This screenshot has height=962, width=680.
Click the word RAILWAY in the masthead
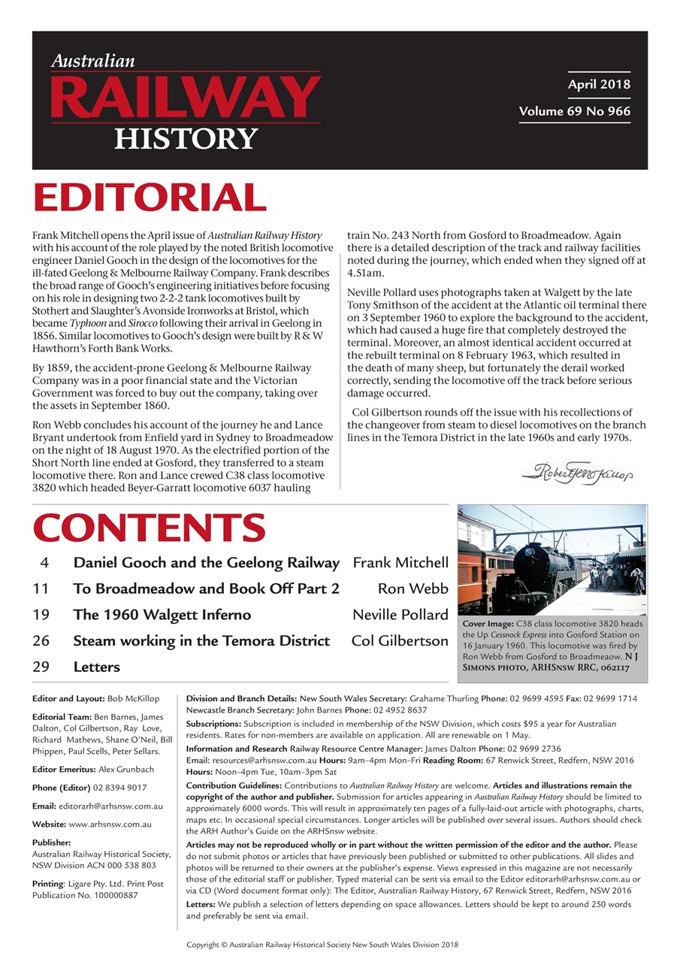click(185, 98)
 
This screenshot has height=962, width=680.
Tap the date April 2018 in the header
click(598, 84)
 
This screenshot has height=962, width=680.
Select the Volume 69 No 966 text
click(574, 111)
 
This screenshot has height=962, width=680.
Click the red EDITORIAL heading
click(149, 198)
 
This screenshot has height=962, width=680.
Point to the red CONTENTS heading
click(149, 528)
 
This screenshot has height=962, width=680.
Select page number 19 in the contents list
click(41, 615)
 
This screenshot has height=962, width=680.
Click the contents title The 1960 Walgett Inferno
click(162, 615)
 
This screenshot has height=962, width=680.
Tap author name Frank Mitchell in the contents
click(400, 563)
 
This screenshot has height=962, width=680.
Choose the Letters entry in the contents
click(96, 667)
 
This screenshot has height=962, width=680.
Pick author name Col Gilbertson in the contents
click(399, 641)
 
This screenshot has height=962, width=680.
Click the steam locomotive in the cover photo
click(539, 570)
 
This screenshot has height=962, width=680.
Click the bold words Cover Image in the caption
click(487, 625)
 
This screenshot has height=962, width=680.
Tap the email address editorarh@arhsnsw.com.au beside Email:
click(112, 806)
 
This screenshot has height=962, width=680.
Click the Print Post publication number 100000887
click(106, 895)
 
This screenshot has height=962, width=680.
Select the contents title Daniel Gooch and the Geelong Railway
click(206, 563)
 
